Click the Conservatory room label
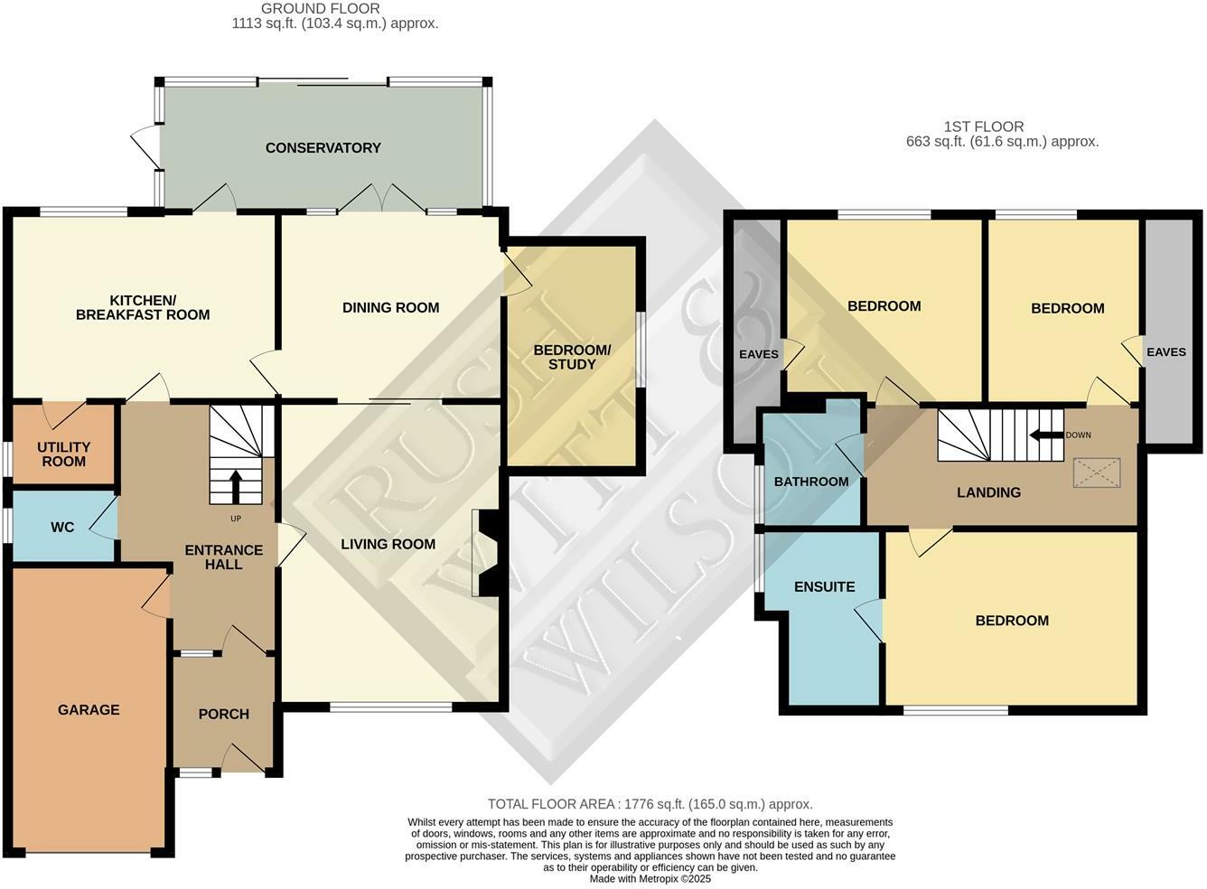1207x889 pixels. coord(323,148)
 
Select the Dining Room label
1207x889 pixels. coord(390,308)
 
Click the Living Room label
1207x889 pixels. coord(388,544)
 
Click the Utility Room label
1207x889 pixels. coord(63,454)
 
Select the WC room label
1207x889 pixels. coord(62,527)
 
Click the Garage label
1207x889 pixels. coord(89,710)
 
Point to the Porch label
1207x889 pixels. coord(223,714)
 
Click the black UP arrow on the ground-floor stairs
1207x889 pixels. coord(237,486)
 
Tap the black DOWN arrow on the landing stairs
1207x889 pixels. coord(1046,435)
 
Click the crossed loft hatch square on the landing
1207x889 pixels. coord(1097,473)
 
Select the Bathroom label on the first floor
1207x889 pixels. coord(810,482)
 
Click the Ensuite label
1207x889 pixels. coord(824,587)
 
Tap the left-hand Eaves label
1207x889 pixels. coord(758,354)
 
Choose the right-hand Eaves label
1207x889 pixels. coord(1165,352)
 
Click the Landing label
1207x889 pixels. coord(988,492)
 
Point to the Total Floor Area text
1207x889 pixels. coord(650,804)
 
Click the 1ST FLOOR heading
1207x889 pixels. coord(984,127)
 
